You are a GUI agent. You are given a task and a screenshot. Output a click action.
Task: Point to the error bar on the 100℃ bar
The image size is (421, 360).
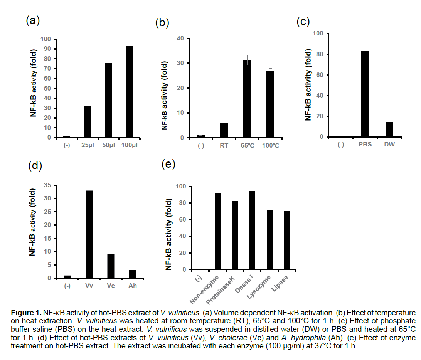(x=270, y=70)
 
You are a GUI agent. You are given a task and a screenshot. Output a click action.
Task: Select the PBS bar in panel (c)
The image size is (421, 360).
(x=365, y=94)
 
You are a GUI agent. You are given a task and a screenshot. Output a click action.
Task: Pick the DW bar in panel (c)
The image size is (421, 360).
(x=389, y=130)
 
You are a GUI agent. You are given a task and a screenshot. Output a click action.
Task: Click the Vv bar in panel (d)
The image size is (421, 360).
(x=89, y=234)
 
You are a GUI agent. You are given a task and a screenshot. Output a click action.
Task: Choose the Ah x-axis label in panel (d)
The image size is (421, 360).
(x=132, y=286)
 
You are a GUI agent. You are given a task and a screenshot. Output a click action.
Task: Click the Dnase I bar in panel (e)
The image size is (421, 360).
(x=253, y=230)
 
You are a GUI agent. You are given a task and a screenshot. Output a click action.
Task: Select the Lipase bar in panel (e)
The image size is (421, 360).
(x=287, y=241)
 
